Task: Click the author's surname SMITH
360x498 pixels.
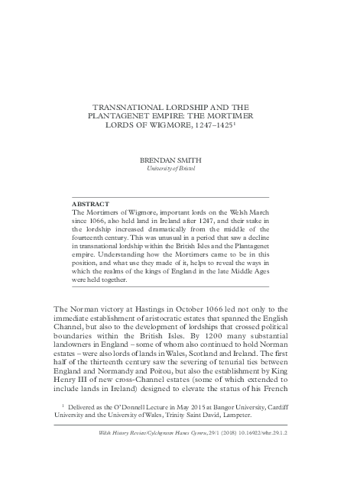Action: tap(194, 160)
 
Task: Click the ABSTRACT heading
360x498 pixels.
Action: tap(89, 205)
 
